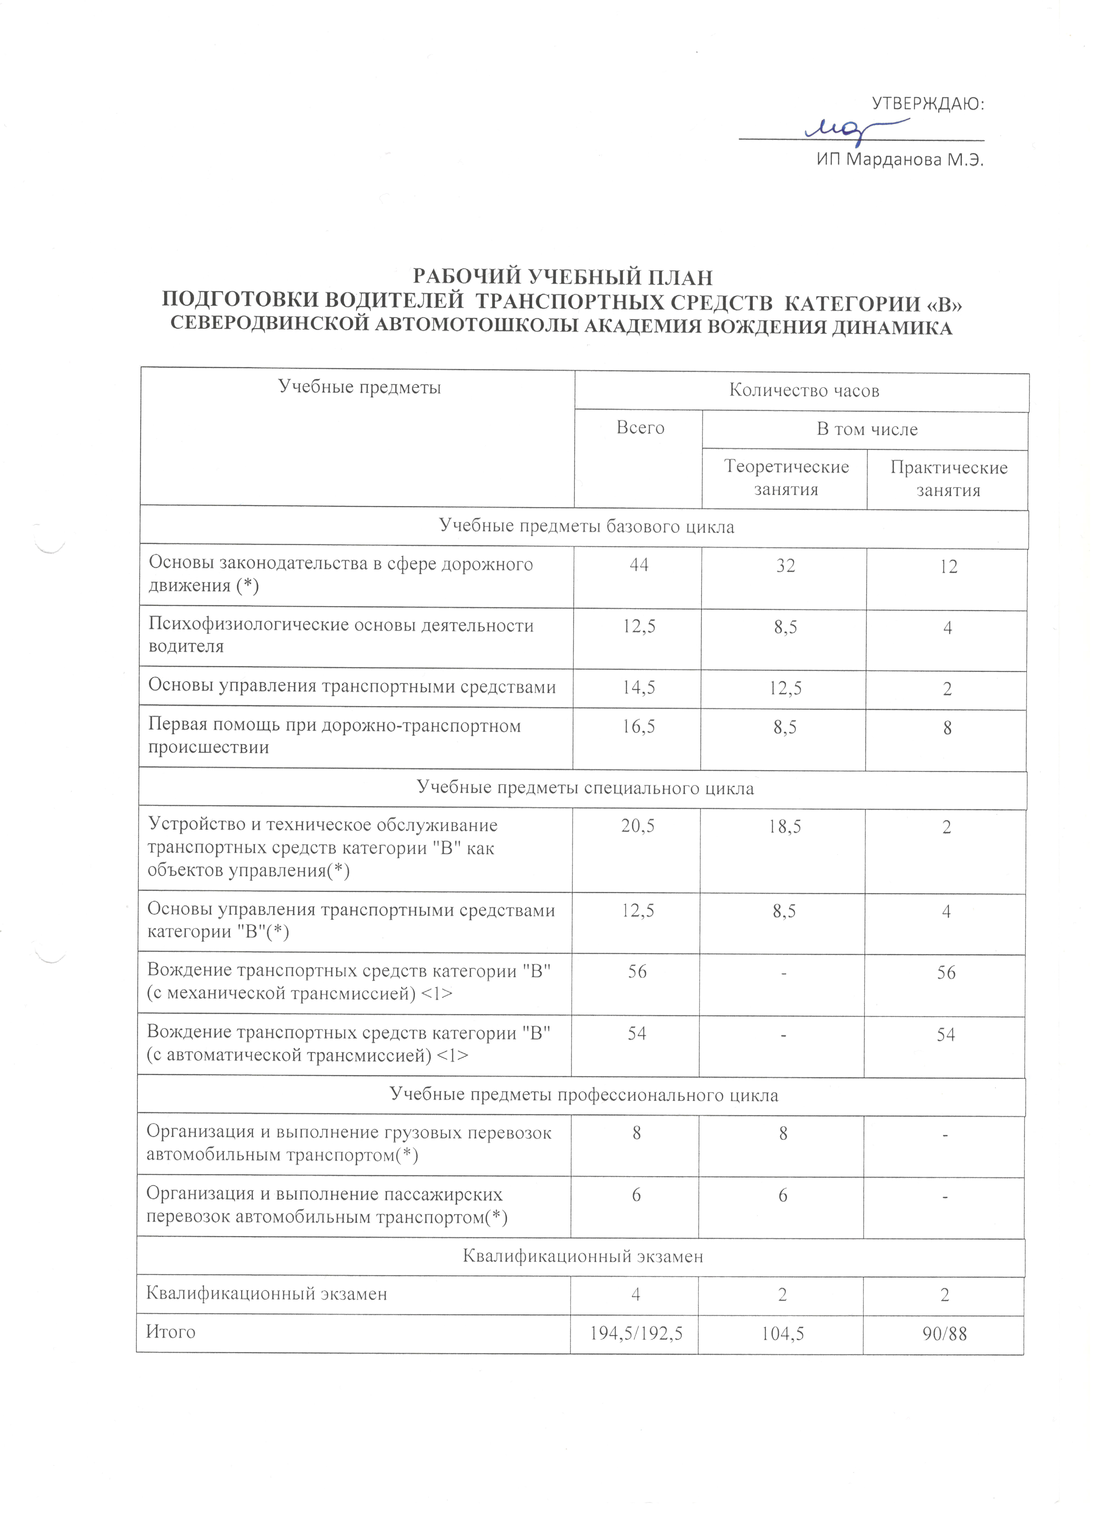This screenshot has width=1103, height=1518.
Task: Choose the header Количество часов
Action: click(803, 391)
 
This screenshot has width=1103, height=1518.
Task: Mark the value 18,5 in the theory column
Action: click(785, 827)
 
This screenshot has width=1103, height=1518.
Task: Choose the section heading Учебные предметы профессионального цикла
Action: click(583, 1095)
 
